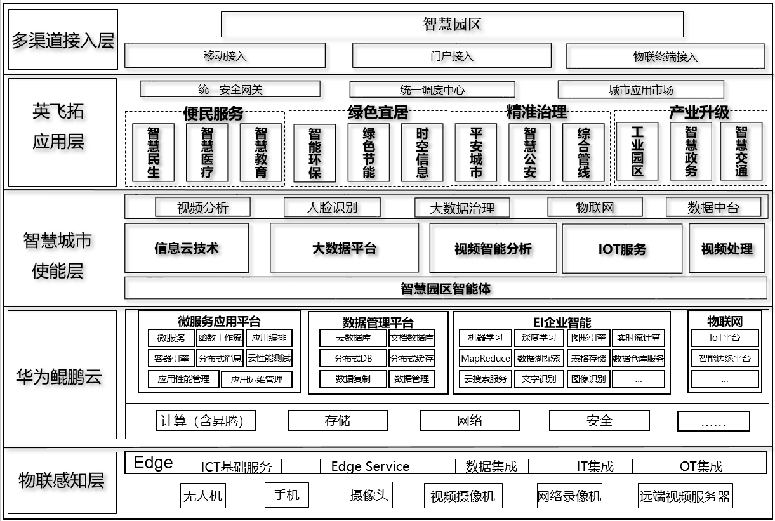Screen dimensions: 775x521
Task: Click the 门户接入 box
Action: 451,55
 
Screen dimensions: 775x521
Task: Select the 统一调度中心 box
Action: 432,89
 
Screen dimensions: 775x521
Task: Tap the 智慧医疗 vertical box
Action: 207,152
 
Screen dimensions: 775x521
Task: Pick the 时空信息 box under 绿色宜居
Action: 422,152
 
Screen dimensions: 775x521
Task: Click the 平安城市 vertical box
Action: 475,152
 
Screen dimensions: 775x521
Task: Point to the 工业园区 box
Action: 637,151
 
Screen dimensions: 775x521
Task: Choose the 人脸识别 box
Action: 332,208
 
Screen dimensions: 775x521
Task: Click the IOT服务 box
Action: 622,248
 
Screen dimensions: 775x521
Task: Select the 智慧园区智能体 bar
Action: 446,288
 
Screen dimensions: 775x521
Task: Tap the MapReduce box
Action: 486,358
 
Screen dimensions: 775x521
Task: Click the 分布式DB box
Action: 353,359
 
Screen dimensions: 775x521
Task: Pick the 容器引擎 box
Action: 171,358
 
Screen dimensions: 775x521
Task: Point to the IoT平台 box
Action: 724,338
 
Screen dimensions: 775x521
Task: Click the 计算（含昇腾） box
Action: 206,420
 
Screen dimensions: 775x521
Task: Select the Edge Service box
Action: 370,466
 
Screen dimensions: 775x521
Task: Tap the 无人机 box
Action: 202,496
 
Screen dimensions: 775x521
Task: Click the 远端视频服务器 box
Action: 685,496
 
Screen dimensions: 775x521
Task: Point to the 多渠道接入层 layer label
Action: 63,40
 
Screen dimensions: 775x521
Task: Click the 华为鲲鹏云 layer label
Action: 59,376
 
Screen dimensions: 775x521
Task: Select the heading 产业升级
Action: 699,112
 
